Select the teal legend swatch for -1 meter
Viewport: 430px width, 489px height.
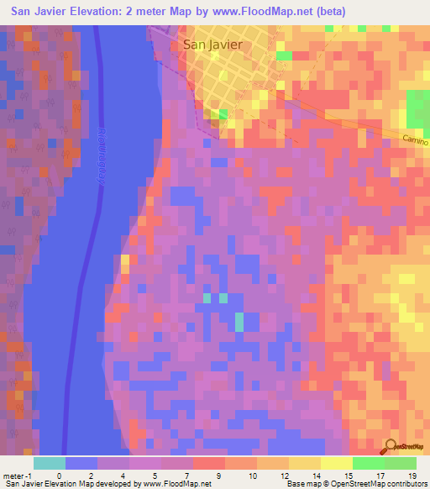49,463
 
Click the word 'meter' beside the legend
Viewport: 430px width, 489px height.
12,475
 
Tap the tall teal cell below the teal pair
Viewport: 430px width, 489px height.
239,322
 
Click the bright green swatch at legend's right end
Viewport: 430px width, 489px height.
401,463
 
